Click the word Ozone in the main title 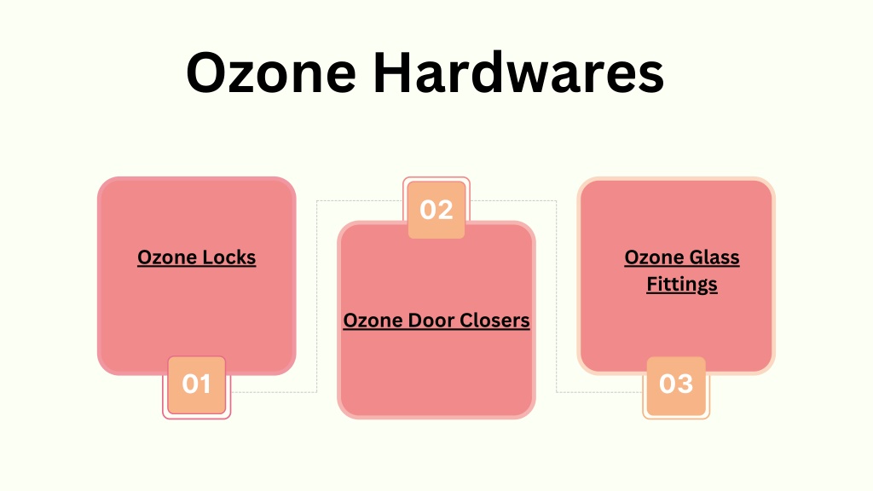point(271,72)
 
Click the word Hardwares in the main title point(518,72)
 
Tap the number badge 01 point(197,384)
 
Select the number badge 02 point(436,210)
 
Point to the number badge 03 point(676,384)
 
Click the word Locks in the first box point(228,257)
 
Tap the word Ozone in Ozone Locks point(167,257)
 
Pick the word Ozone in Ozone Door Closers point(373,321)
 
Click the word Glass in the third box point(714,257)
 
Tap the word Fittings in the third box point(682,285)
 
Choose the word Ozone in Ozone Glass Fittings point(654,257)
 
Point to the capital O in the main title point(209,72)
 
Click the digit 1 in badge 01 point(206,384)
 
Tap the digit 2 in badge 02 point(445,210)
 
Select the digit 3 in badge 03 point(685,384)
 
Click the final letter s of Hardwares point(650,78)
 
